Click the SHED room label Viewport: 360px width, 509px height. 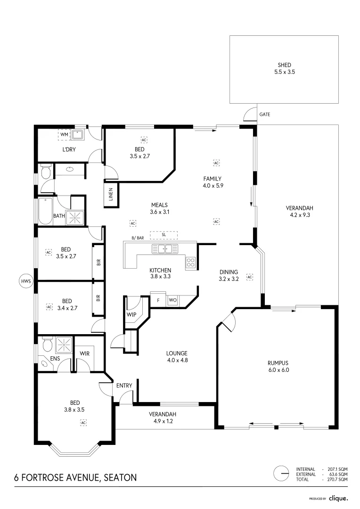pos(284,65)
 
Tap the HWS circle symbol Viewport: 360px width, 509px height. pos(25,281)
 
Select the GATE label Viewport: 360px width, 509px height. pos(264,114)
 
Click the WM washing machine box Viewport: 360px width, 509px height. pos(64,134)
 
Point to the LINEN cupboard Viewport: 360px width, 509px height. pos(111,194)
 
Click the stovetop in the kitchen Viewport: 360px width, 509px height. pos(190,263)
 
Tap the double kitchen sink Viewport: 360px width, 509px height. pos(165,249)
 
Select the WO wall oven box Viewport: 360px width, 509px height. pos(172,300)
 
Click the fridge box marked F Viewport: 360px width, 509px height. pos(158,300)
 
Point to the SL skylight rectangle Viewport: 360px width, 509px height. pos(164,235)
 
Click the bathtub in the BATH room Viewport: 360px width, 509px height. pos(45,211)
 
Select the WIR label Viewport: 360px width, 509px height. pos(85,353)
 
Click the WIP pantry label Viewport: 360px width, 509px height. pos(131,314)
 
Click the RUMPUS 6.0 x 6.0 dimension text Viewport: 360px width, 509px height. pos(278,370)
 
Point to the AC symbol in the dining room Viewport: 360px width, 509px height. pos(250,277)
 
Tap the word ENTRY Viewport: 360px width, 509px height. pos(124,386)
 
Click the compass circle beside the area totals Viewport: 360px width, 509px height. pos(281,474)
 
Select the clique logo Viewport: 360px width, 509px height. pos(338,499)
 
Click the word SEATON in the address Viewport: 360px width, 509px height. pos(120,477)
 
